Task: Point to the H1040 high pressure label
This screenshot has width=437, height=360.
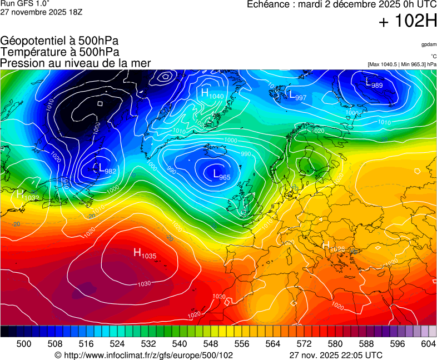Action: (x=212, y=94)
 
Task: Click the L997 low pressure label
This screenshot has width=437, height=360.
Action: (x=297, y=96)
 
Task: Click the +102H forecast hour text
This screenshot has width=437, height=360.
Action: (x=408, y=22)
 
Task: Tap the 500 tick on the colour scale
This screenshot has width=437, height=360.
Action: (x=24, y=344)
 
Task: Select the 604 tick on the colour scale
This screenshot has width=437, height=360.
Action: (x=428, y=344)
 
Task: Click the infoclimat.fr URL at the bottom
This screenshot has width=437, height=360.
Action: (x=143, y=355)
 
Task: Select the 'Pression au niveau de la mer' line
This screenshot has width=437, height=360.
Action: (x=76, y=63)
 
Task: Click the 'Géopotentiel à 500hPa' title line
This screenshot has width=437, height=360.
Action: (x=59, y=41)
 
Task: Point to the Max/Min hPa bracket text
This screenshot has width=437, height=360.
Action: (x=401, y=64)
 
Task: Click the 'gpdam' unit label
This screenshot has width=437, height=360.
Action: (x=429, y=44)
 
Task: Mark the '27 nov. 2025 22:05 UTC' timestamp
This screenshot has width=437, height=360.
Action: (x=336, y=355)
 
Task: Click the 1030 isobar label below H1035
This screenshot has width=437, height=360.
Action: (x=144, y=284)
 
